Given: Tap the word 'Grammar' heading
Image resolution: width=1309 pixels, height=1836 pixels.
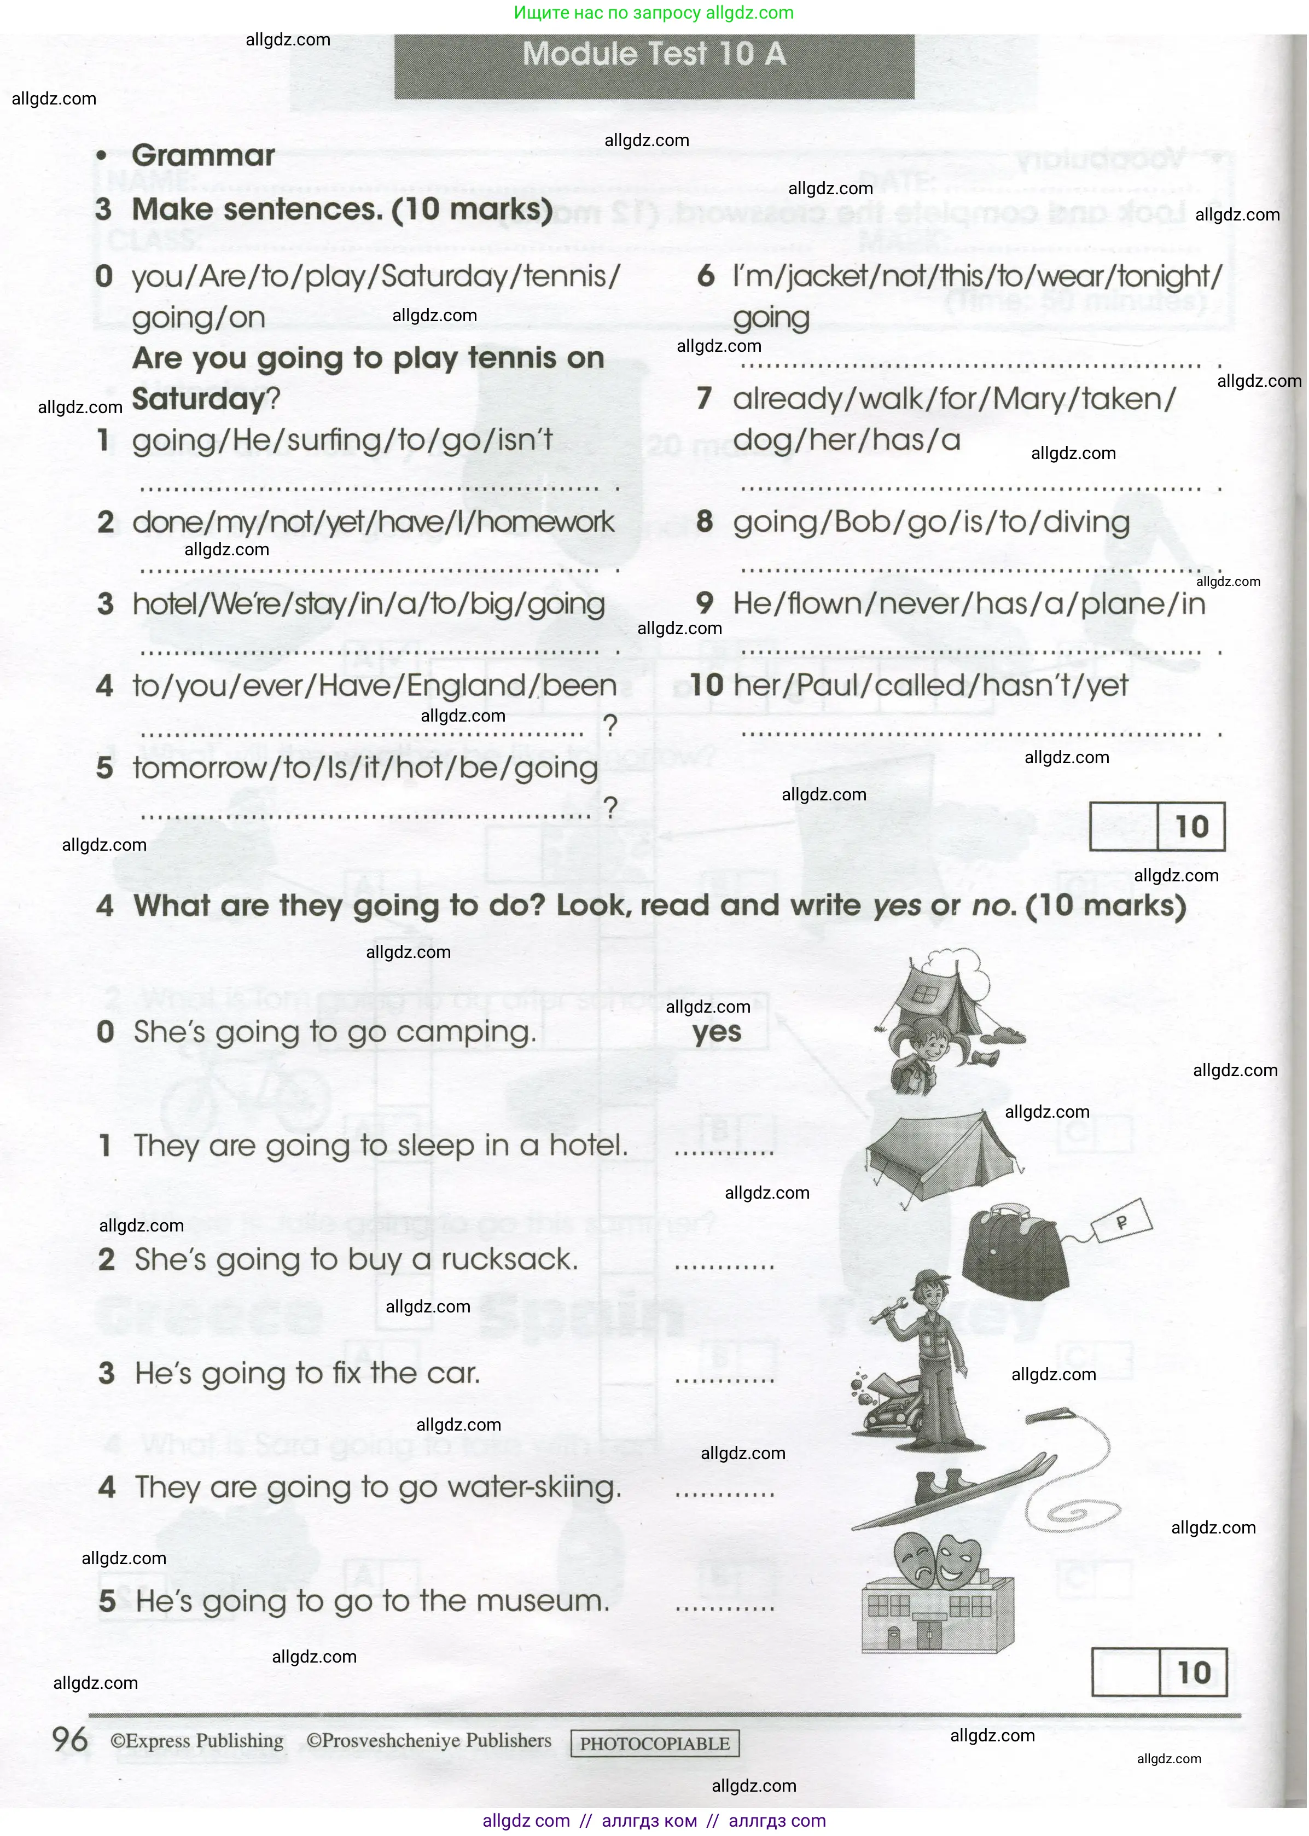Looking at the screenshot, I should tap(203, 155).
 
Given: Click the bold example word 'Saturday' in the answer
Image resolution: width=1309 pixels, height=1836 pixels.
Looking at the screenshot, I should tap(198, 399).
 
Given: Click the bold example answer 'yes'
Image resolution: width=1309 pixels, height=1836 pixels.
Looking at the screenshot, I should tap(717, 1032).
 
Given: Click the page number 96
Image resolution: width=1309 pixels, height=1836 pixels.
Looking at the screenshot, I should tap(69, 1740).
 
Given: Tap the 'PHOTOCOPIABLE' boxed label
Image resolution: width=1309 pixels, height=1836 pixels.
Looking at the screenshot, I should tap(654, 1744).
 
